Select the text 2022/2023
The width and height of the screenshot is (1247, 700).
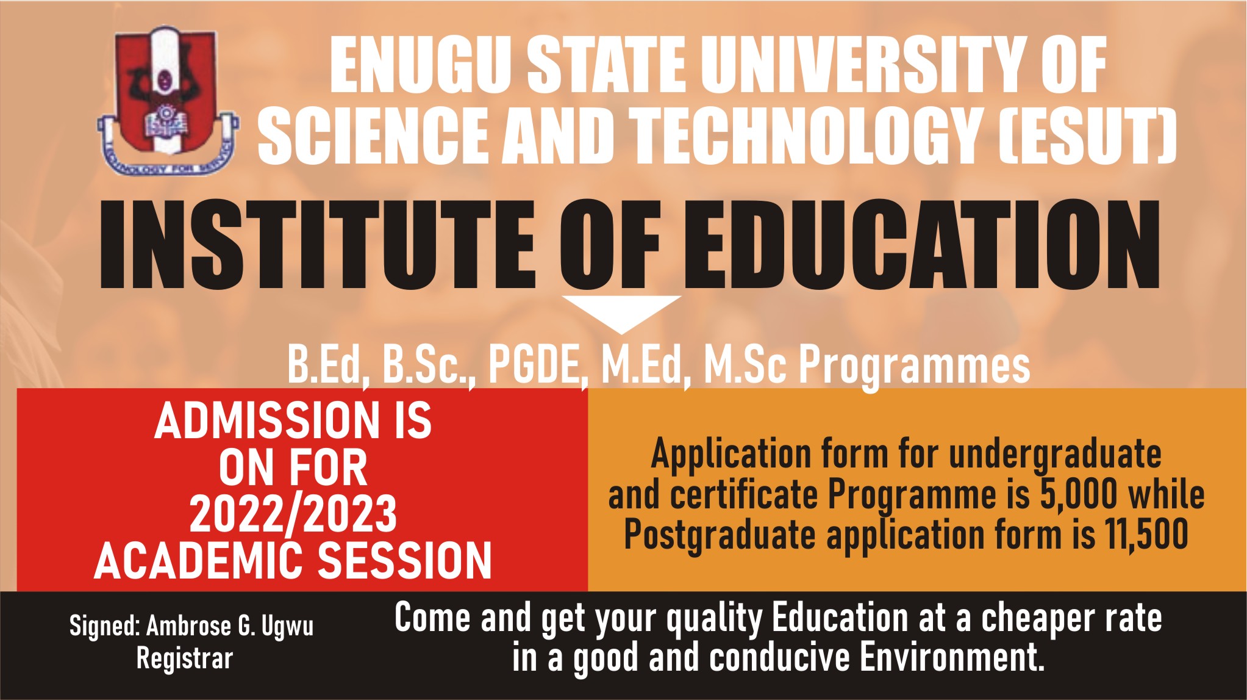pyautogui.click(x=293, y=513)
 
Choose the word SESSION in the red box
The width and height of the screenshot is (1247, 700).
pyautogui.click(x=406, y=560)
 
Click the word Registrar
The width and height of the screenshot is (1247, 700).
pyautogui.click(x=185, y=659)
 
